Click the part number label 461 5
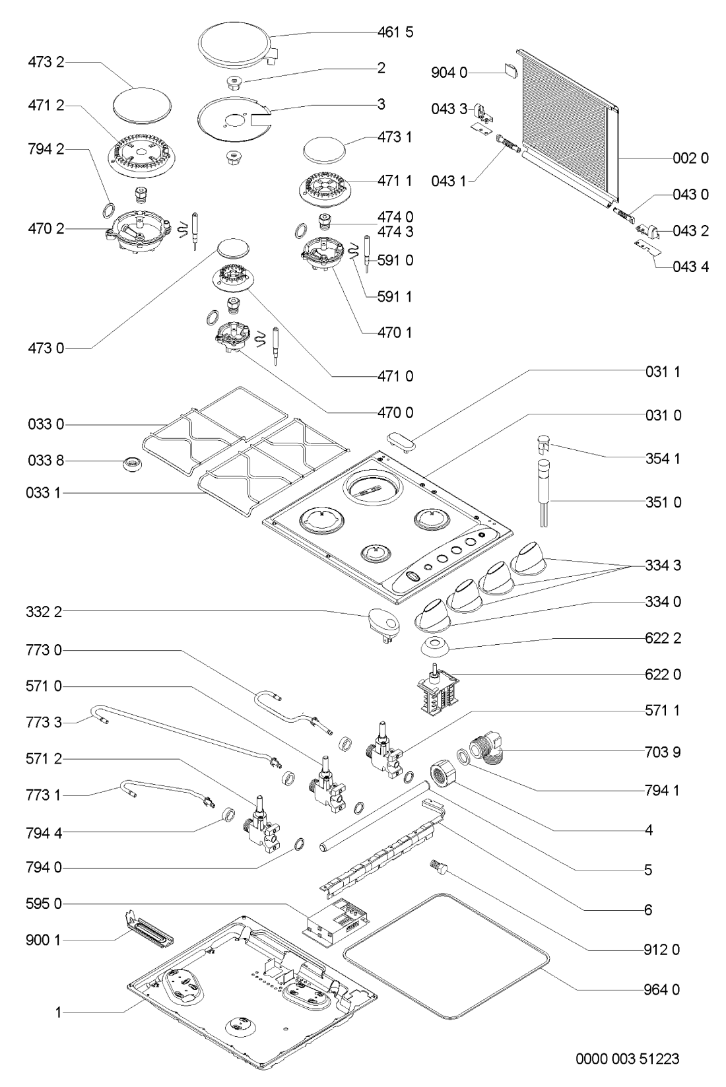tap(395, 32)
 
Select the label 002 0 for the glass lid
tap(690, 158)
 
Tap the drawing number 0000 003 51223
tap(627, 1059)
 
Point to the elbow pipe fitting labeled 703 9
tap(487, 749)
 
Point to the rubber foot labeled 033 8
tap(131, 464)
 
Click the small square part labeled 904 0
tap(510, 71)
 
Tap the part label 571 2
tap(44, 758)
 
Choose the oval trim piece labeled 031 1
tap(402, 442)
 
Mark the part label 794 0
tap(44, 867)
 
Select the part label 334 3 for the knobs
tap(663, 566)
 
